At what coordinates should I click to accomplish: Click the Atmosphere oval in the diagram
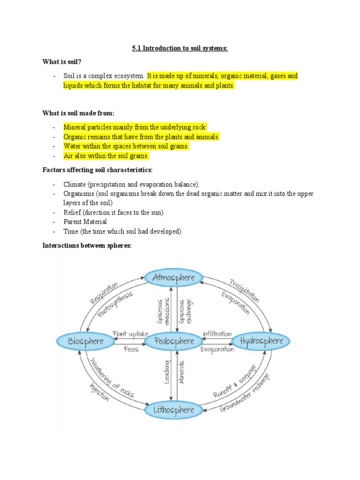click(x=173, y=277)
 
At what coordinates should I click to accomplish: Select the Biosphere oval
click(x=86, y=341)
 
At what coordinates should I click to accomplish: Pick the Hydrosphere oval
click(x=262, y=341)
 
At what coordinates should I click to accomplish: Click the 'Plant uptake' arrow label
click(x=129, y=334)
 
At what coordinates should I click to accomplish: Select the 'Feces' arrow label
click(x=131, y=350)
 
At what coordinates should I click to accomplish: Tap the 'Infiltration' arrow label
click(x=217, y=334)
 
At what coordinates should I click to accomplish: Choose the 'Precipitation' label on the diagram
click(x=244, y=290)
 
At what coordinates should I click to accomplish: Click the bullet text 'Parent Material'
click(x=85, y=222)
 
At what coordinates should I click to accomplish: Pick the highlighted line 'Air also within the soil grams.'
click(x=106, y=156)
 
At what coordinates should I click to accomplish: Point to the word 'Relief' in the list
click(x=72, y=212)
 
